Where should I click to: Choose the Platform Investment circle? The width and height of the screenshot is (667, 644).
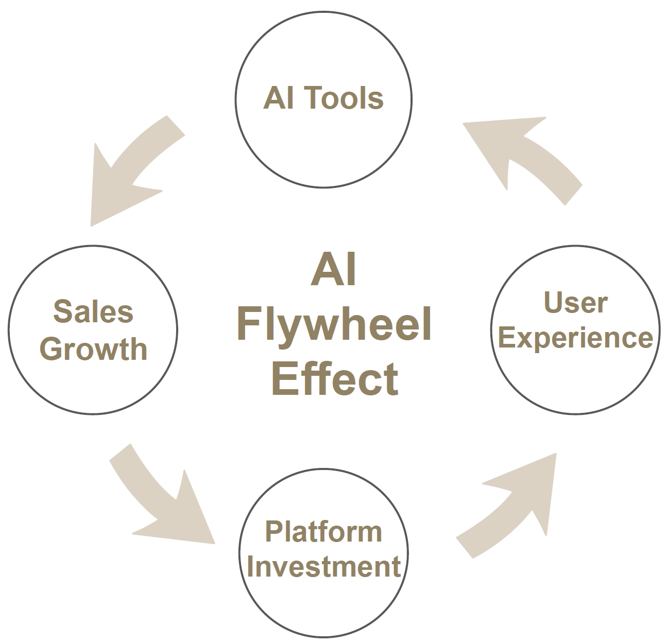[323, 602]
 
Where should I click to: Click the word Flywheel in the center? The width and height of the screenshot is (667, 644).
[334, 325]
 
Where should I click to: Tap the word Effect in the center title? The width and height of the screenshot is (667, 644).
[335, 378]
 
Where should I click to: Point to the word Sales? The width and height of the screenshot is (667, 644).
[93, 311]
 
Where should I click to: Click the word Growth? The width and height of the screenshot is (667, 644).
[93, 349]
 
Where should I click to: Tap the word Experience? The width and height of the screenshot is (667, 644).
[576, 338]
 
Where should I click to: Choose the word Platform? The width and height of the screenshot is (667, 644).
[323, 531]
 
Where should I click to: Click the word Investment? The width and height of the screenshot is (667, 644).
[323, 566]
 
